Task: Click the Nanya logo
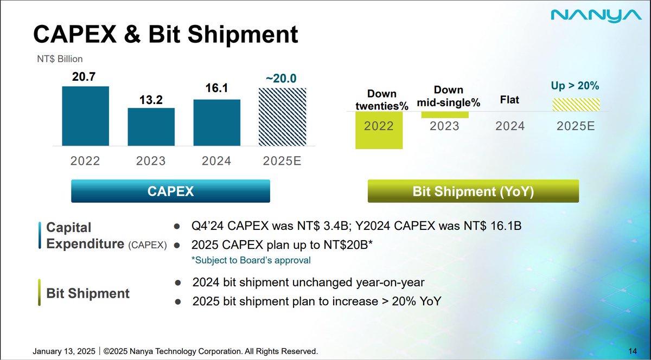click(596, 16)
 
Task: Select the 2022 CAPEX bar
click(86, 116)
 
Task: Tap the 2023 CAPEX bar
click(151, 127)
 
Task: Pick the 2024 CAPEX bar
click(217, 123)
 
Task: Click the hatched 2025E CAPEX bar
click(283, 117)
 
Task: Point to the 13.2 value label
click(151, 100)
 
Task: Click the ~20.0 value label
click(281, 79)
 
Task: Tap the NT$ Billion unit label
click(60, 59)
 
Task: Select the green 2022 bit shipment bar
click(379, 130)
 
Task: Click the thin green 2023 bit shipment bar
click(445, 115)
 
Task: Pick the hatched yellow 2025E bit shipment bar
click(576, 105)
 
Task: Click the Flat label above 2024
click(509, 100)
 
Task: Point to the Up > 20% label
click(575, 86)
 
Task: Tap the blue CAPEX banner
click(170, 191)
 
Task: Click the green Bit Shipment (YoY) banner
click(473, 191)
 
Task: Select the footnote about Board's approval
click(251, 260)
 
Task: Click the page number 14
click(633, 351)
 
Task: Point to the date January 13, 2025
click(64, 351)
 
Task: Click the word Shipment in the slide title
click(242, 34)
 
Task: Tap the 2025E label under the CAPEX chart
click(282, 161)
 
